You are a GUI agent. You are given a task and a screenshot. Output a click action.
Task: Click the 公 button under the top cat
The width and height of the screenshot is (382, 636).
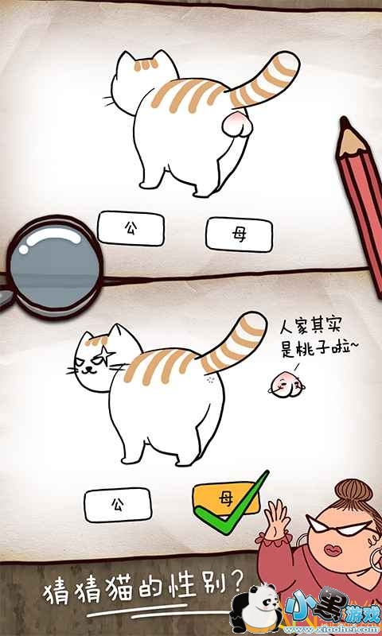pyautogui.click(x=131, y=228)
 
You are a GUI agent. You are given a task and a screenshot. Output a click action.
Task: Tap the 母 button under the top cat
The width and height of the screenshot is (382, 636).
pyautogui.click(x=239, y=235)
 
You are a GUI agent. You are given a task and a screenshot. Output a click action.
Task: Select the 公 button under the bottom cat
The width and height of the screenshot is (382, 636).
pyautogui.click(x=118, y=505)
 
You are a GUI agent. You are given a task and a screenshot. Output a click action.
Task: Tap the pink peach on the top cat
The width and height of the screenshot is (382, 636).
pyautogui.click(x=237, y=125)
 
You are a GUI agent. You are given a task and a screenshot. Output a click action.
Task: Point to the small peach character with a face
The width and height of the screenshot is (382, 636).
pyautogui.click(x=286, y=387)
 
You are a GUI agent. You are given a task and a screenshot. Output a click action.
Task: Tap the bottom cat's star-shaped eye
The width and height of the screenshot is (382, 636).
pyautogui.click(x=107, y=355)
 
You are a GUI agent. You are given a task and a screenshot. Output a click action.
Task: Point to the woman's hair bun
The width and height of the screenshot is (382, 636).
pyautogui.click(x=353, y=491)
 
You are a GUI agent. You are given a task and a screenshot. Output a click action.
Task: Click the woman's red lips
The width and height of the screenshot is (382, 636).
pyautogui.click(x=333, y=551)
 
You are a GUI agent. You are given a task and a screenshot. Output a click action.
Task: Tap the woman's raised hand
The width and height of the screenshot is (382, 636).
pyautogui.click(x=277, y=518)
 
